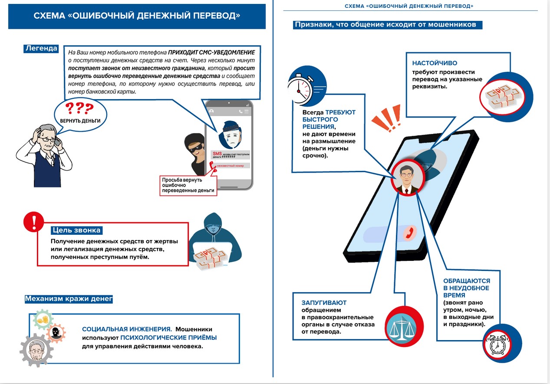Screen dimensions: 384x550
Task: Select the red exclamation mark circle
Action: [33, 222]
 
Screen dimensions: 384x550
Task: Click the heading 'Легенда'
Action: [41, 48]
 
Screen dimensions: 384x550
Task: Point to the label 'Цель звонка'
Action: [76, 230]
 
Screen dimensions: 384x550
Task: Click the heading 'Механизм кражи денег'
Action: [69, 299]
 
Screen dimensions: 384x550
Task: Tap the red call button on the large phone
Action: [408, 233]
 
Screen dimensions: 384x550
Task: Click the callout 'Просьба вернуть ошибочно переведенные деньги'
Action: [188, 185]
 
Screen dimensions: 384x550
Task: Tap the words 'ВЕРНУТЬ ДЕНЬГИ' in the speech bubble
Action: [80, 120]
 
